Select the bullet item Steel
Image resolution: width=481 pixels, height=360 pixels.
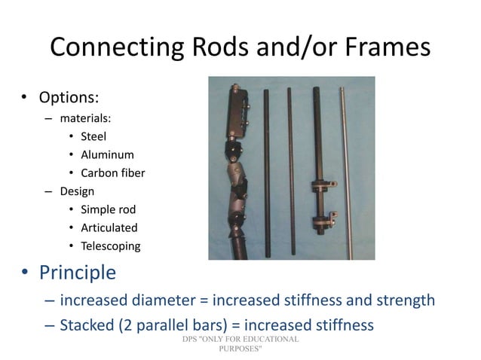pos(93,136)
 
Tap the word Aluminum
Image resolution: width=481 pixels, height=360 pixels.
pos(107,154)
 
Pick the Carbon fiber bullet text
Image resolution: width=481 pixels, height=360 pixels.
pos(112,173)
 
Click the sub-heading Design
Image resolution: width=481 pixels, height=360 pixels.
pos(77,191)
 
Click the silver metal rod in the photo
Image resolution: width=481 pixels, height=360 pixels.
pos(346,166)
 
